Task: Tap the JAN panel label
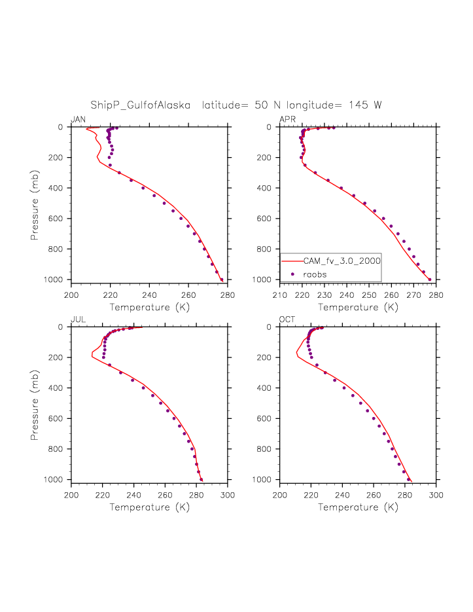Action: [78, 119]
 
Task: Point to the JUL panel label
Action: [78, 319]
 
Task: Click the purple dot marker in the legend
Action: [293, 274]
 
